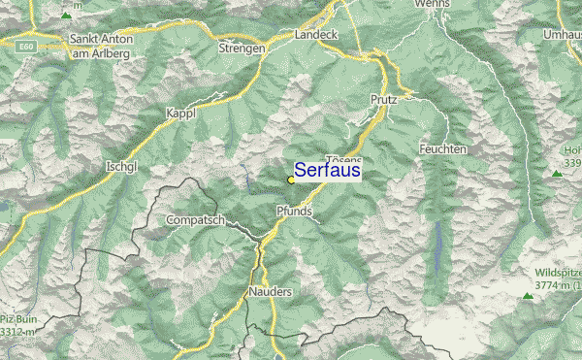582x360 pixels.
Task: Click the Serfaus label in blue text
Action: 327,171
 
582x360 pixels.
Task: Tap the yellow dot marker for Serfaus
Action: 291,180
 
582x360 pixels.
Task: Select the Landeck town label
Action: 317,37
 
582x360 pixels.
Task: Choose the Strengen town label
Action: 242,47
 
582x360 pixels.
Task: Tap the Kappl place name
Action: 181,114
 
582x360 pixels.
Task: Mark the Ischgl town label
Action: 123,166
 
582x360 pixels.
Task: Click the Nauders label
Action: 270,290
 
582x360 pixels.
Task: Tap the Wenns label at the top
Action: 433,5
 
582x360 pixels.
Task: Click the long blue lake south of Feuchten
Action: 438,244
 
